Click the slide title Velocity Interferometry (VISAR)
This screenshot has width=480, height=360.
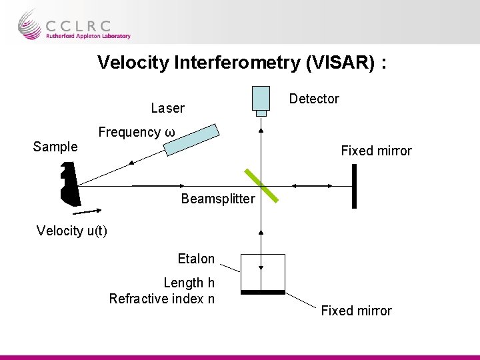click(243, 63)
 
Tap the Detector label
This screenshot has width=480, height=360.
click(314, 99)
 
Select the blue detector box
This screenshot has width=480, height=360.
click(261, 98)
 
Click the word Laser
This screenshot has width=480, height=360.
click(168, 108)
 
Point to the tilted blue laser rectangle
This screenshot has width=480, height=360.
click(192, 139)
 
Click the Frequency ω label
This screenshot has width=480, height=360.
click(137, 132)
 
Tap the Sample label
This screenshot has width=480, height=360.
click(55, 147)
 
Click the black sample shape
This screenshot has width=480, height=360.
click(69, 185)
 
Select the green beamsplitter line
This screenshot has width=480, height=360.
click(259, 186)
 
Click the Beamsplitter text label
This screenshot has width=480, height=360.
click(218, 199)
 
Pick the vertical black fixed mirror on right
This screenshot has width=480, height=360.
click(354, 186)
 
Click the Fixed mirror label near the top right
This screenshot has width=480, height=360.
click(376, 151)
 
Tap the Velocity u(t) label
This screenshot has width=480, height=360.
click(72, 231)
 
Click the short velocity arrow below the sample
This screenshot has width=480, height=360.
click(87, 212)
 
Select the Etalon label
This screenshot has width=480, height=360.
click(196, 259)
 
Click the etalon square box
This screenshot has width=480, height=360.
click(263, 272)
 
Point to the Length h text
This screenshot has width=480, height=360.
click(189, 283)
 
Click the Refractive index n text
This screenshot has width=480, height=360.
click(162, 299)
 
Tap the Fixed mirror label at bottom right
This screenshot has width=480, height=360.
click(357, 311)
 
